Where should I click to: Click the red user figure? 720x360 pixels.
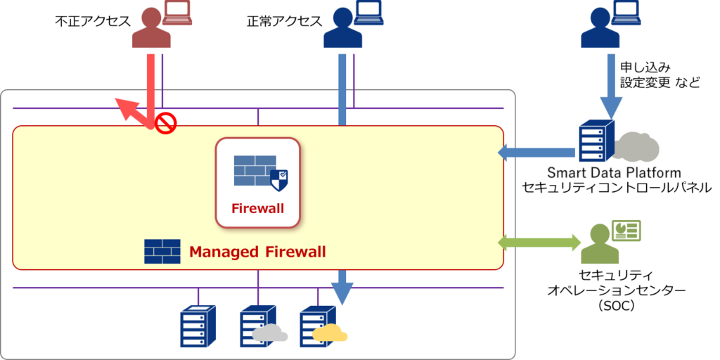tap(150, 30)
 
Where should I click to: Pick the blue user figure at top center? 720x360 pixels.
tap(342, 30)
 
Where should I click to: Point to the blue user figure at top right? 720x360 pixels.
tap(600, 30)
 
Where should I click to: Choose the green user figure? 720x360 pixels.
tap(600, 245)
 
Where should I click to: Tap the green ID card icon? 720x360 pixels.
tap(626, 231)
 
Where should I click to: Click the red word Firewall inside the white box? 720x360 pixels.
tap(257, 208)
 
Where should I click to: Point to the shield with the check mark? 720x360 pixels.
tap(279, 180)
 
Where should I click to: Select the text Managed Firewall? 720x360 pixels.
tap(257, 252)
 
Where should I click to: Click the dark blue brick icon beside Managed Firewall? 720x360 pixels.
tap(162, 251)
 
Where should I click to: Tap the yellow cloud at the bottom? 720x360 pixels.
tap(330, 334)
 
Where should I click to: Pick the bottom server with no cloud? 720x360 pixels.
tap(198, 326)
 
